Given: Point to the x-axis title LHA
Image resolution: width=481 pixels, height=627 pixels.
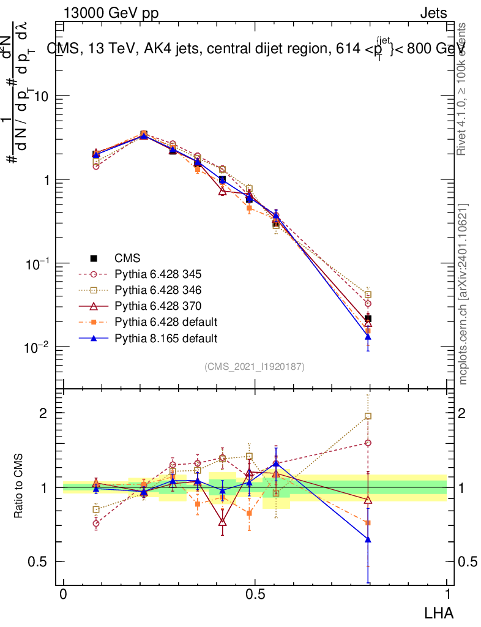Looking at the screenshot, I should click(439, 612).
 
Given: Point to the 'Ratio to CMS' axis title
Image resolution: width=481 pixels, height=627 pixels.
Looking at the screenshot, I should click(19, 487).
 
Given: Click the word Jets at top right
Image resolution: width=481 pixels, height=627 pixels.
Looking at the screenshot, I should click(433, 13).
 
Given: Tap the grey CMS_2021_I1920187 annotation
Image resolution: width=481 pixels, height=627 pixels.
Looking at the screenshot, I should click(255, 367).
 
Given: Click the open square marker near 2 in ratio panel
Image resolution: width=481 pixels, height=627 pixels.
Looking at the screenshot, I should click(368, 416).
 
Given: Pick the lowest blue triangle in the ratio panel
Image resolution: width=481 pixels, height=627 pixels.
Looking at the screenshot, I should click(368, 539).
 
